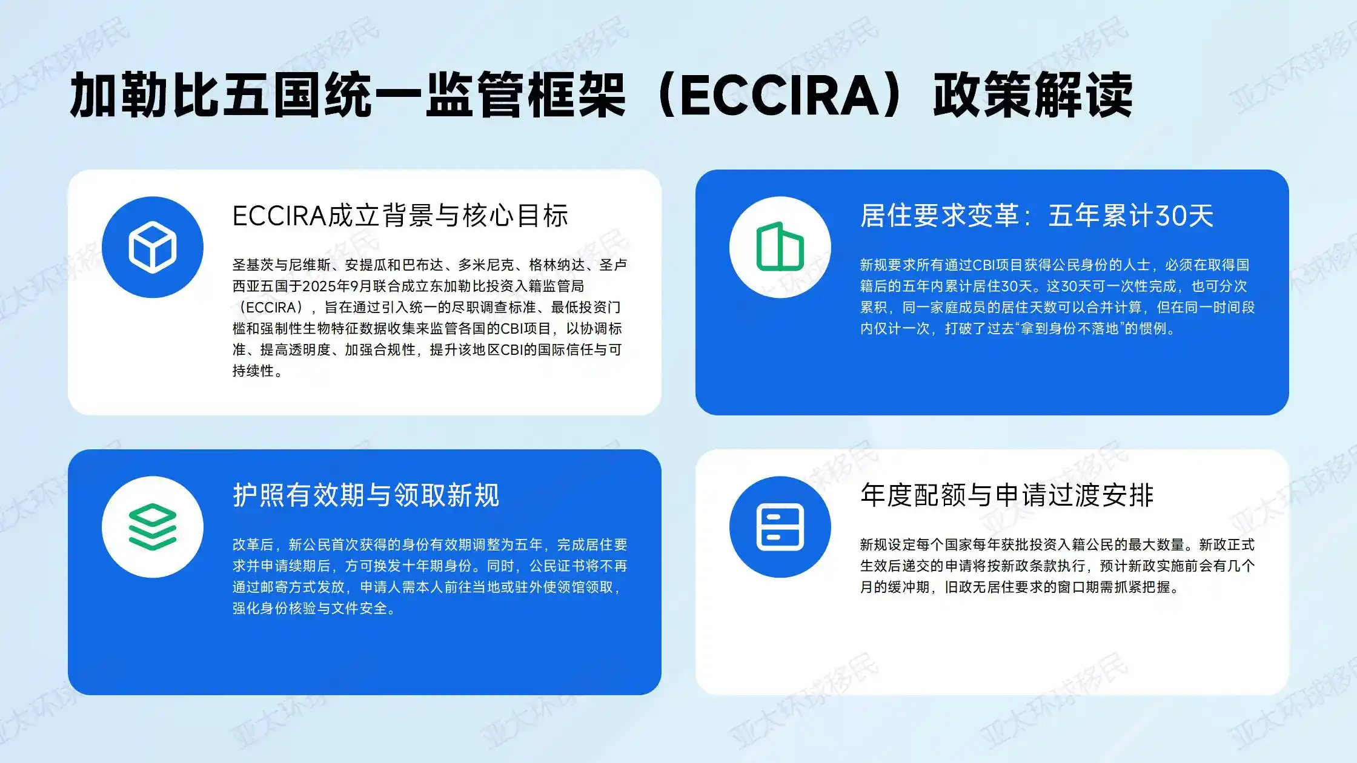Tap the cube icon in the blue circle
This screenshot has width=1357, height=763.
(153, 247)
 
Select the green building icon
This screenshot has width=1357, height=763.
(780, 247)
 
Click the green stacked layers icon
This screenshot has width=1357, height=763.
(153, 527)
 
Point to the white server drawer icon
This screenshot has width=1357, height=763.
(780, 527)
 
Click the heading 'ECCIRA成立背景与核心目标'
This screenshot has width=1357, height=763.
(400, 216)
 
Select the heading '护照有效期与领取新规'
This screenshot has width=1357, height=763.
(366, 495)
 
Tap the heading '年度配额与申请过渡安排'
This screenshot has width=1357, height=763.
(1007, 495)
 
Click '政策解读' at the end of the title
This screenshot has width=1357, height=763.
(1032, 95)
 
